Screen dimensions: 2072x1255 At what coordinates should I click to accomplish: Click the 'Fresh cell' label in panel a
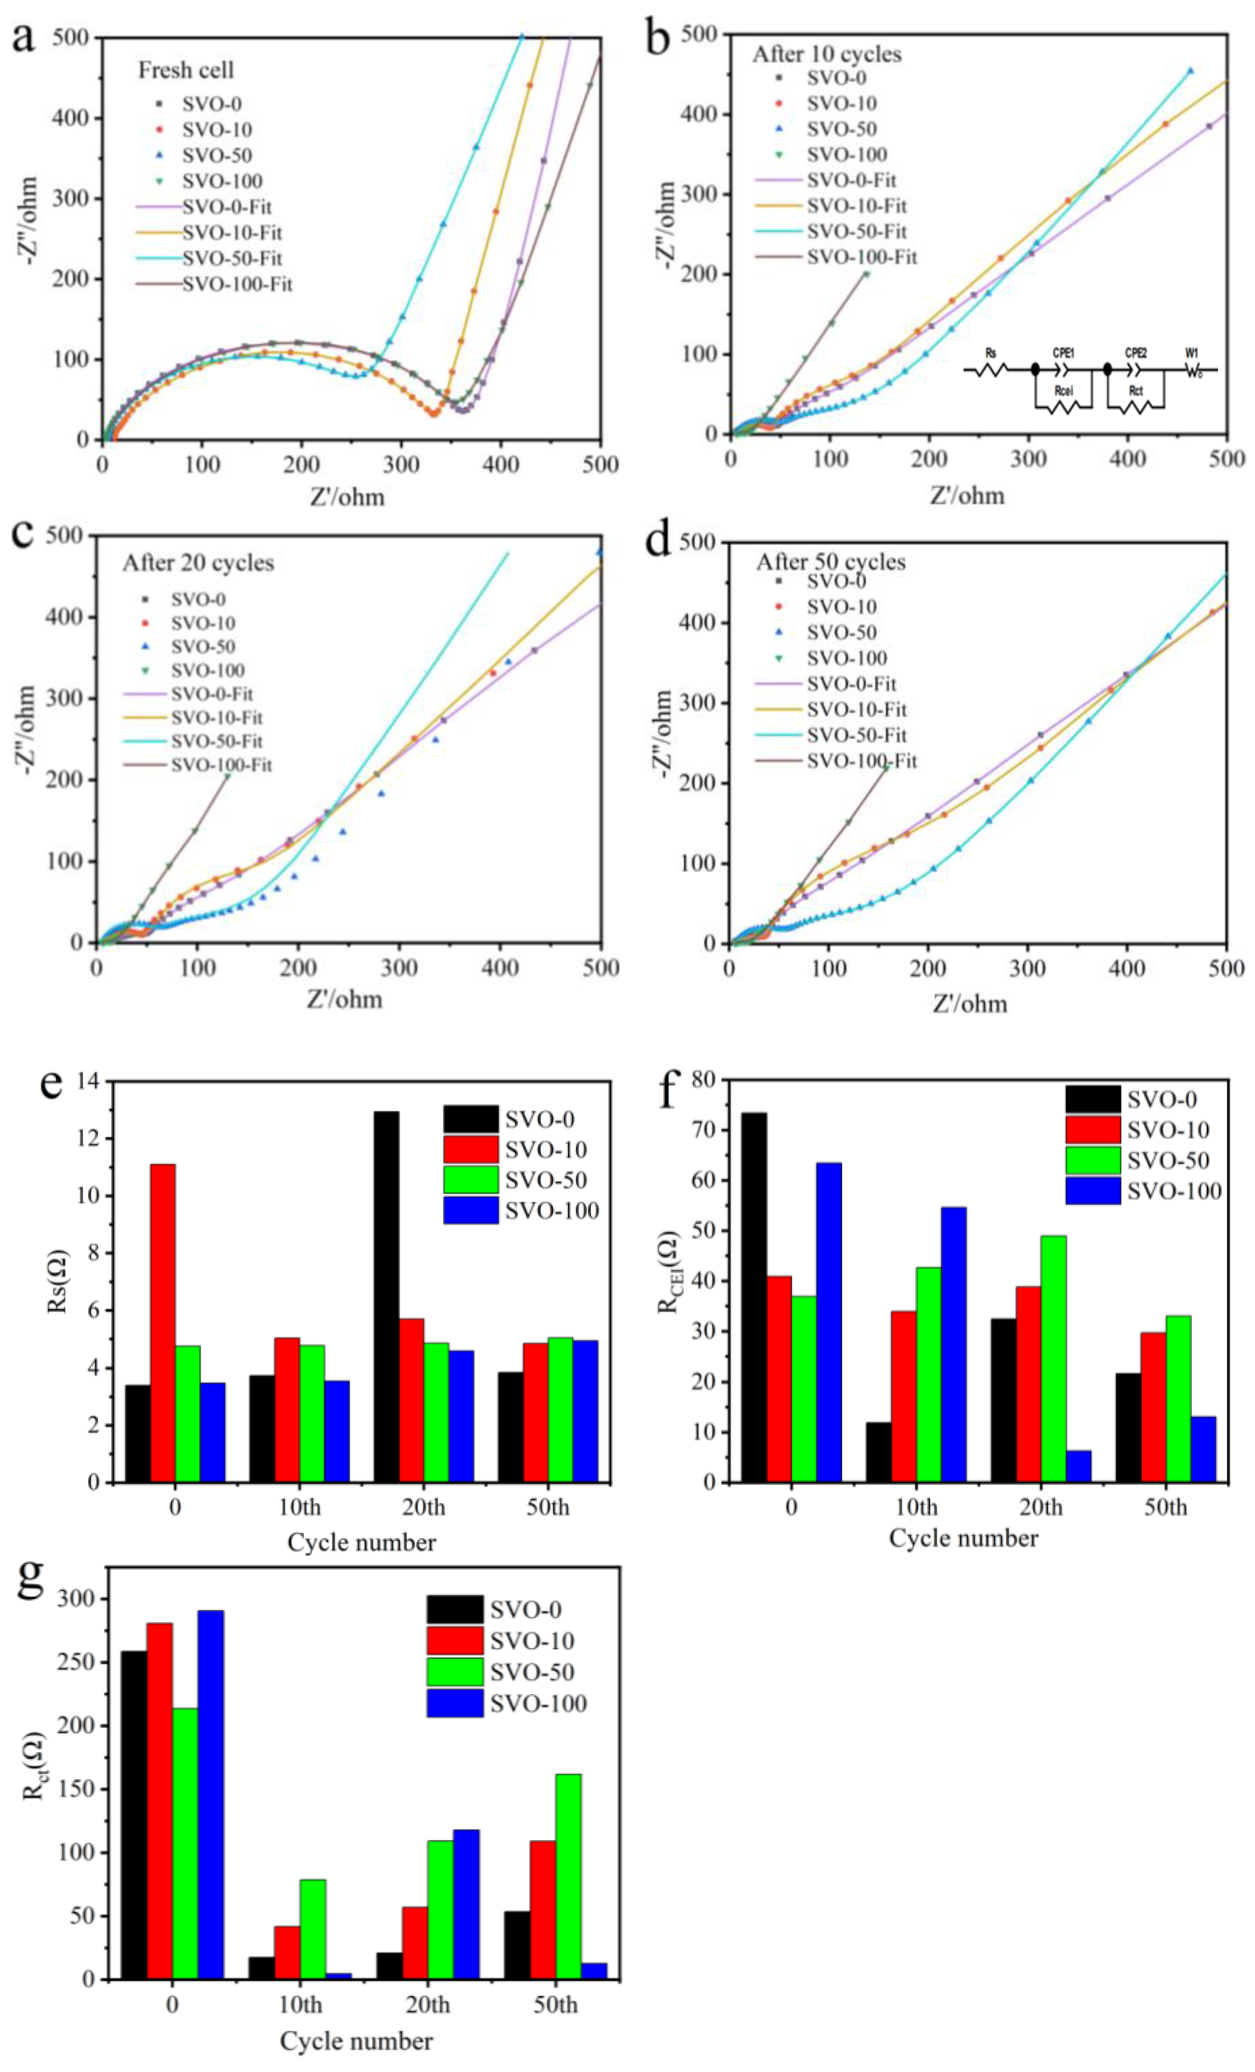tap(186, 70)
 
